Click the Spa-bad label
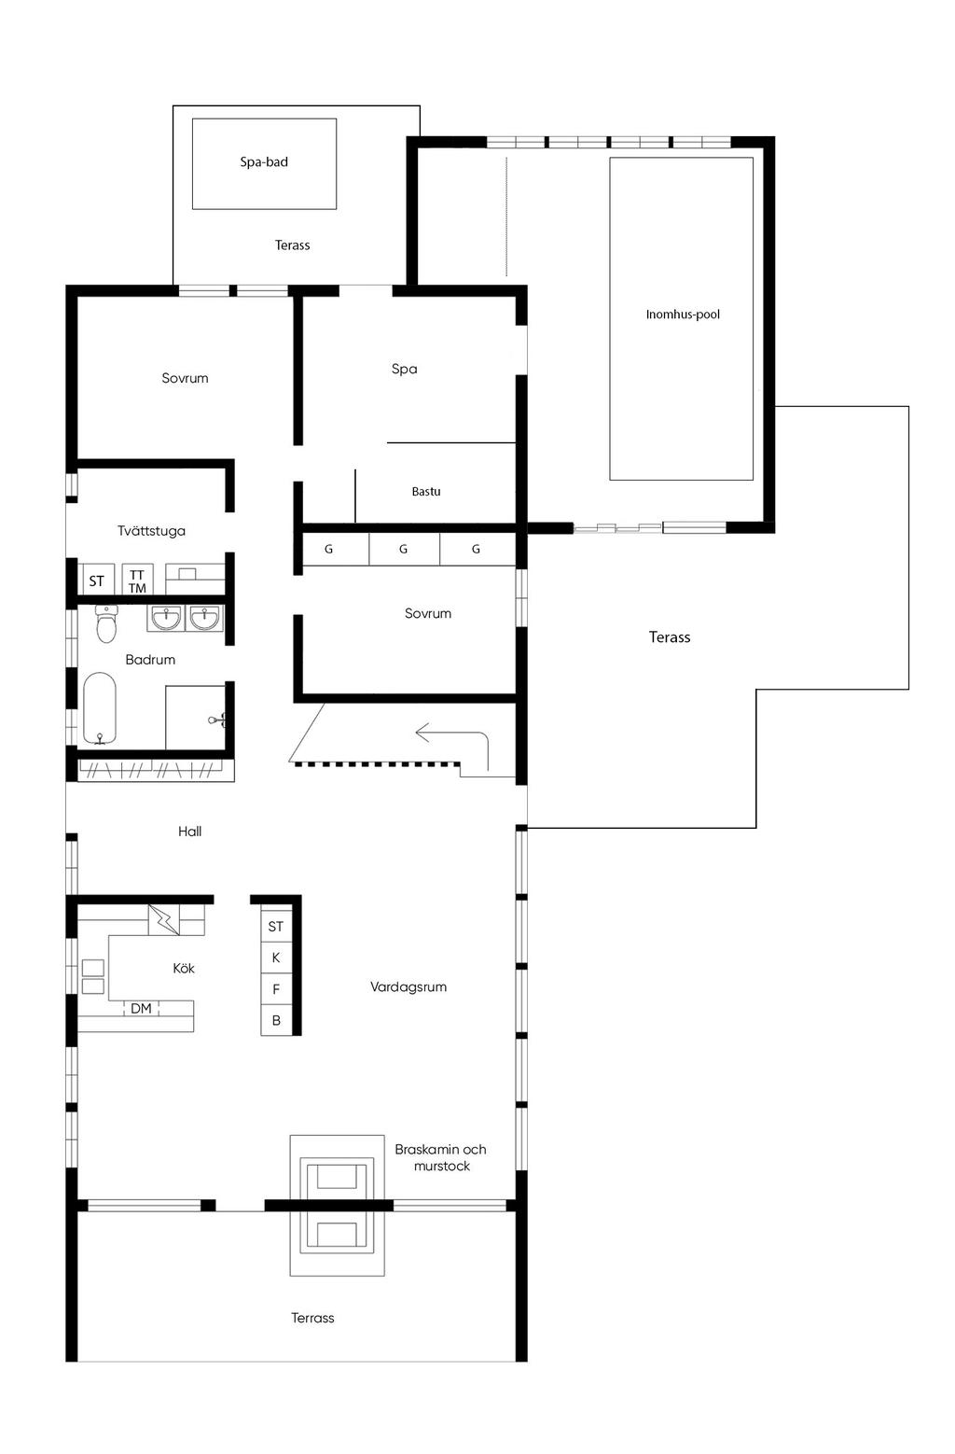pyautogui.click(x=264, y=162)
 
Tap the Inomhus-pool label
pyautogui.click(x=683, y=315)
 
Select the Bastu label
pyautogui.click(x=426, y=492)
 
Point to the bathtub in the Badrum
pyautogui.click(x=100, y=709)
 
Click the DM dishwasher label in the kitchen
pyautogui.click(x=141, y=1008)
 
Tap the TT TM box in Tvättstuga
pyautogui.click(x=137, y=580)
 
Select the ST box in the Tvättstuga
pyautogui.click(x=97, y=580)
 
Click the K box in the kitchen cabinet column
pyautogui.click(x=276, y=958)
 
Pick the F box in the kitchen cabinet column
pyautogui.click(x=276, y=989)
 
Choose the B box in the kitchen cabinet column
pyautogui.click(x=276, y=1021)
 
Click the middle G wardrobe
pyautogui.click(x=403, y=550)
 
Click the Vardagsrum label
pyautogui.click(x=408, y=986)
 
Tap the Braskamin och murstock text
pyautogui.click(x=440, y=1158)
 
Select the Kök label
pyautogui.click(x=184, y=969)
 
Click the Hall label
pyautogui.click(x=189, y=832)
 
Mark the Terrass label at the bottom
pyautogui.click(x=312, y=1318)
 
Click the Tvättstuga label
pyautogui.click(x=151, y=531)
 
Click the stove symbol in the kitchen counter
pyautogui.click(x=92, y=976)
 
